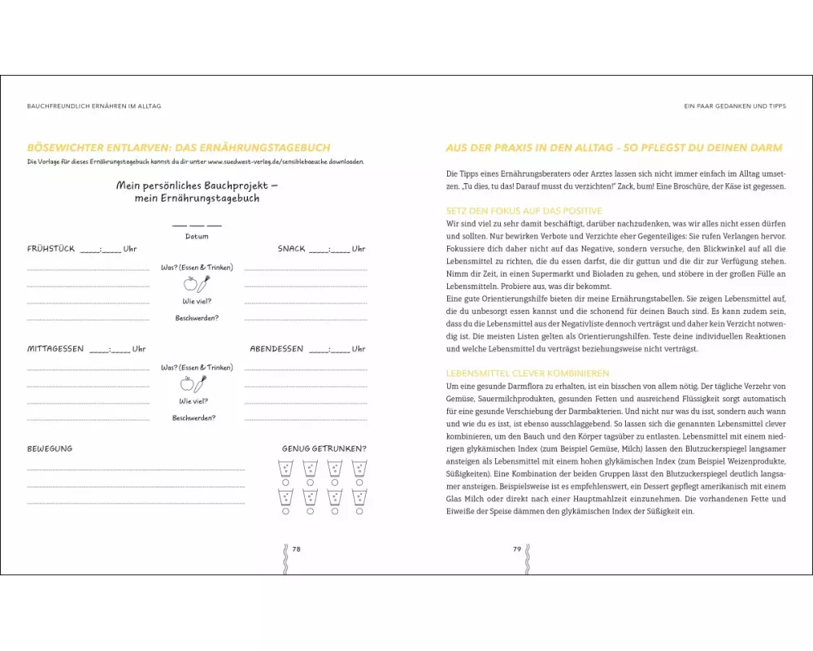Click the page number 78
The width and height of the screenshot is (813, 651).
296,549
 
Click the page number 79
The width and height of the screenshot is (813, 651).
517,549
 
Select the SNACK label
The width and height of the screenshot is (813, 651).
292,249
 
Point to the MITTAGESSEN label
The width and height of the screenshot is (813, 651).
55,349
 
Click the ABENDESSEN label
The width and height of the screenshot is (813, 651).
276,349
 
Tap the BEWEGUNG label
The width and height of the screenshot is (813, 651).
50,448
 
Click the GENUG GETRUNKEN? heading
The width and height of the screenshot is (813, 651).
324,448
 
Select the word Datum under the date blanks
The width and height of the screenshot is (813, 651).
197,237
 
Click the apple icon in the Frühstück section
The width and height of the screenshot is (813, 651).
190,284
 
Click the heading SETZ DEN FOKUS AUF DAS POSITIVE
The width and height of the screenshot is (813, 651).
524,211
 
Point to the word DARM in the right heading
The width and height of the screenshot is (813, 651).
765,148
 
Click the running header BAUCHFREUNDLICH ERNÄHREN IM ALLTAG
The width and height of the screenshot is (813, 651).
93,107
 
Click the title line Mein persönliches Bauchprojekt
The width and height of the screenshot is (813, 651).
197,186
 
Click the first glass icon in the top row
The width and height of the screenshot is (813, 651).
285,468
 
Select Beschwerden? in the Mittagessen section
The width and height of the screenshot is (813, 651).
193,418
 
